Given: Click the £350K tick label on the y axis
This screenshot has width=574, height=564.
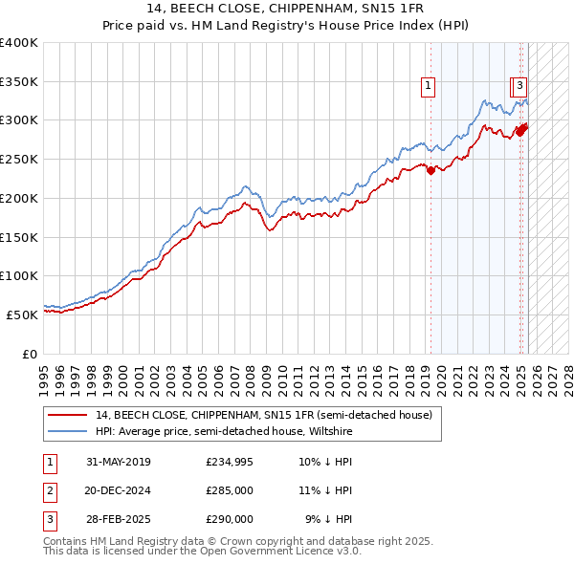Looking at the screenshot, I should click(x=19, y=81).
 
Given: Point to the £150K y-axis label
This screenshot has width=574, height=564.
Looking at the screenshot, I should click(x=19, y=236).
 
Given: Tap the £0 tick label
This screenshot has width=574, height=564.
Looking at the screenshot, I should click(x=29, y=353).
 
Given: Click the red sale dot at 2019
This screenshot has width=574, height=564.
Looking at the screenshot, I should click(x=430, y=171).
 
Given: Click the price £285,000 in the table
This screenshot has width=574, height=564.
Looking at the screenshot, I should click(x=230, y=491).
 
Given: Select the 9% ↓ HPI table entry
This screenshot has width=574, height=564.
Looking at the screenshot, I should click(x=328, y=519).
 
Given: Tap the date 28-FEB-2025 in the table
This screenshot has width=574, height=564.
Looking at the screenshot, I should click(x=119, y=519).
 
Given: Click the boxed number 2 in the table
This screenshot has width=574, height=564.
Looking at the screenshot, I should click(x=49, y=491).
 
